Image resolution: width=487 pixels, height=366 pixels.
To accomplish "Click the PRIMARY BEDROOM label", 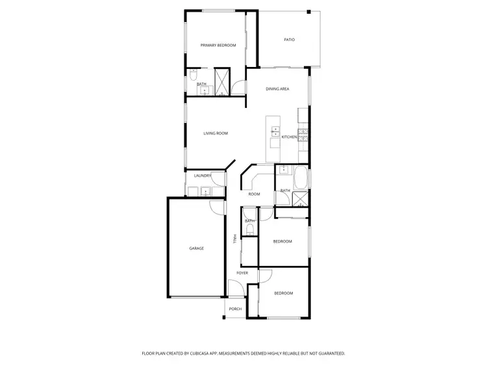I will click(218, 45).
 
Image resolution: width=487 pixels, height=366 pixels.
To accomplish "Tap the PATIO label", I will click(290, 40).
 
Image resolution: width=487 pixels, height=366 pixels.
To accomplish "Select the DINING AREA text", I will click(277, 88).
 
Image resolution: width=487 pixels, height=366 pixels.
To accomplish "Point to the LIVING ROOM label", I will click(216, 133).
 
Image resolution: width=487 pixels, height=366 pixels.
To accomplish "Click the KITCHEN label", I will click(289, 137).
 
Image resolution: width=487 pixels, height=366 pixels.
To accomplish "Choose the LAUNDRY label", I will click(203, 176).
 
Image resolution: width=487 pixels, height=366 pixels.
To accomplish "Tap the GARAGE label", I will click(196, 248).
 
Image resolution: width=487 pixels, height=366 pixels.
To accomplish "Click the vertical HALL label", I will click(235, 239).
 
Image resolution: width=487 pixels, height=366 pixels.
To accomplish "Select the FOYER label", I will click(242, 273).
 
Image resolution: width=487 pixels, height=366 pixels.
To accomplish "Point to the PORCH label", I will click(235, 309).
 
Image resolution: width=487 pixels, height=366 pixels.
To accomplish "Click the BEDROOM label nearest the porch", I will click(283, 293).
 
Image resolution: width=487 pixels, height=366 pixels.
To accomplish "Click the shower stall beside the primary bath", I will click(222, 82).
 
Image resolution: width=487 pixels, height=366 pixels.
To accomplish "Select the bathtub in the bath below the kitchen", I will click(301, 177).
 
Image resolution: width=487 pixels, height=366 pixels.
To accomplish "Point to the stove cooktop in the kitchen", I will click(304, 135).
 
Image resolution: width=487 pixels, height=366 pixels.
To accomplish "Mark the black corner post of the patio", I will click(309, 12).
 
